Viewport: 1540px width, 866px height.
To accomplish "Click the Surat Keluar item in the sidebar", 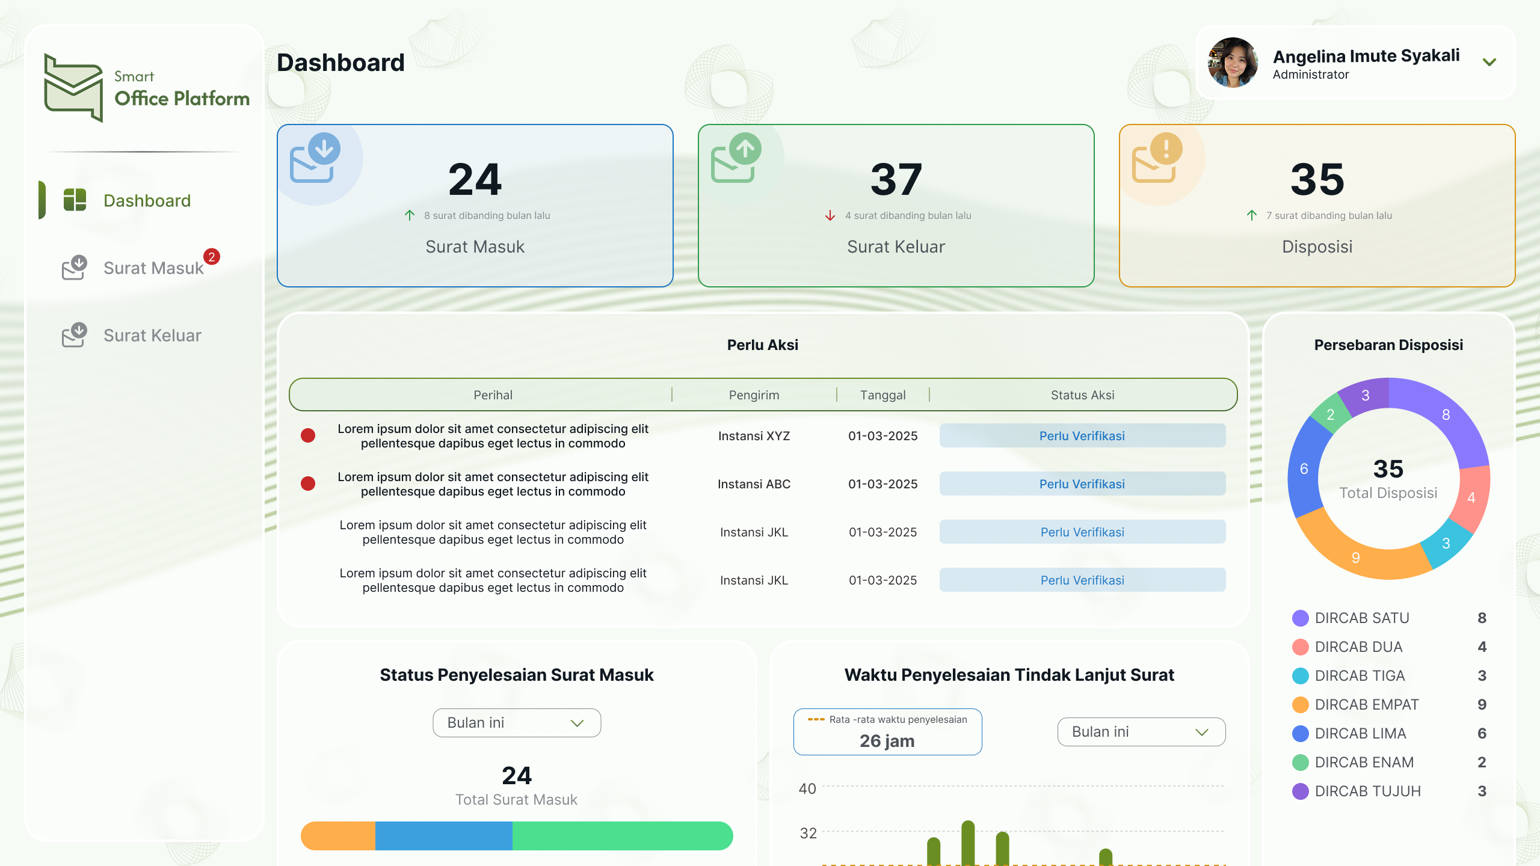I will pyautogui.click(x=152, y=336).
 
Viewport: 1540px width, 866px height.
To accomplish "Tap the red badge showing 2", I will pyautogui.click(x=211, y=257).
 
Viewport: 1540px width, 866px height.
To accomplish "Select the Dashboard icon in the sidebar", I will pyautogui.click(x=75, y=200).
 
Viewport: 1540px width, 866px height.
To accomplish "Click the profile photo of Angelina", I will pyautogui.click(x=1233, y=63).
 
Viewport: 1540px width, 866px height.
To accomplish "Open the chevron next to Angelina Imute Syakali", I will pyautogui.click(x=1489, y=63).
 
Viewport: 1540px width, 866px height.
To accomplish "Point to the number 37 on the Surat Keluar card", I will pyautogui.click(x=896, y=179).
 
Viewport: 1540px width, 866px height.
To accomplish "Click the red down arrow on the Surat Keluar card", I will pyautogui.click(x=830, y=215).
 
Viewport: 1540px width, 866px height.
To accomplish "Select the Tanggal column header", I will pyautogui.click(x=882, y=395).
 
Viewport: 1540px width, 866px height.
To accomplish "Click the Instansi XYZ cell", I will pyautogui.click(x=754, y=436).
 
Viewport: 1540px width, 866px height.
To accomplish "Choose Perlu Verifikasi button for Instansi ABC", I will pyautogui.click(x=1082, y=484).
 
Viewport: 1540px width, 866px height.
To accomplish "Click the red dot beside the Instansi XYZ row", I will pyautogui.click(x=308, y=435).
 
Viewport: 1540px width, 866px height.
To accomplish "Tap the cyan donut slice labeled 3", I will pyautogui.click(x=1446, y=544).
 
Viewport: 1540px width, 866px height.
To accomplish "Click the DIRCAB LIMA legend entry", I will pyautogui.click(x=1360, y=734).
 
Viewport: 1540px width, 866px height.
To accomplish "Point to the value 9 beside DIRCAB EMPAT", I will pyautogui.click(x=1482, y=705).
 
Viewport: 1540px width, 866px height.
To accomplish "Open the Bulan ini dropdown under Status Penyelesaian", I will pyautogui.click(x=516, y=723).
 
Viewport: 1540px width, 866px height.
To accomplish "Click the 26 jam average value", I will pyautogui.click(x=887, y=741).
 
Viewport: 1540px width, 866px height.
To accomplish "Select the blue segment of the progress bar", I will pyautogui.click(x=443, y=836).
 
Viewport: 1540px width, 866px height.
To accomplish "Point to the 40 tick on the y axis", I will pyautogui.click(x=807, y=789).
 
